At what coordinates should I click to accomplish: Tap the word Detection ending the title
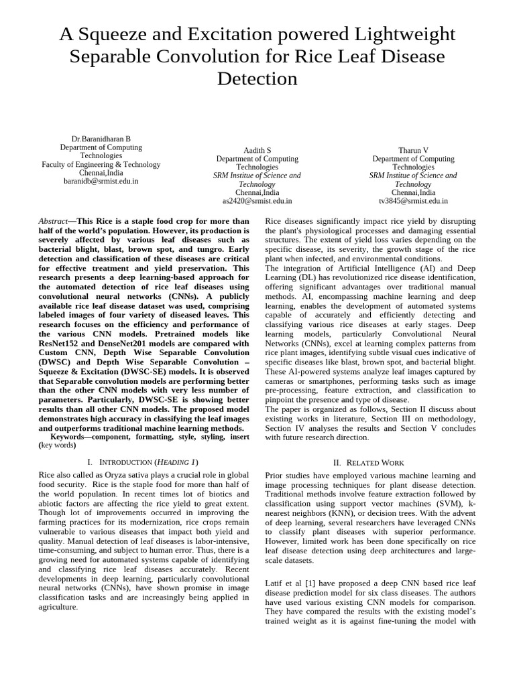tap(257, 78)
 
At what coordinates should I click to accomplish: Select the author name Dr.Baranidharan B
tap(101, 139)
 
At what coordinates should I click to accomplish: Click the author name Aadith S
tap(257, 150)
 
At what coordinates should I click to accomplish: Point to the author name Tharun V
tap(413, 150)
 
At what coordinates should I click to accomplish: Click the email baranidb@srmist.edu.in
tap(101, 181)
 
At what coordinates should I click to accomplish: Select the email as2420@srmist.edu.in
tap(257, 200)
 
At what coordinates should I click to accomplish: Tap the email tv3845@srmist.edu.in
tap(413, 200)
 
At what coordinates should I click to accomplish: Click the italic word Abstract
tap(54, 220)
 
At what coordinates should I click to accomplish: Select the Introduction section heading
tap(143, 462)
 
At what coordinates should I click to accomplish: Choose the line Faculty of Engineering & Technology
tap(101, 164)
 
